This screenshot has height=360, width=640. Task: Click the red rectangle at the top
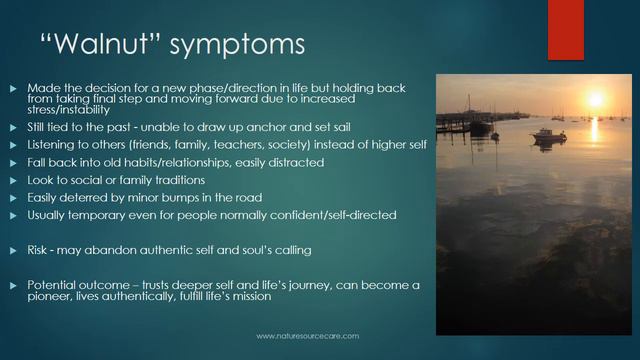565,30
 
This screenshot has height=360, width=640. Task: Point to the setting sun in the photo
595,100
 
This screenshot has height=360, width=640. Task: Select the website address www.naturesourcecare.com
307,336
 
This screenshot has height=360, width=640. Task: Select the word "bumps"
173,197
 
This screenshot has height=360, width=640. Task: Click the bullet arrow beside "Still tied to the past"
13,128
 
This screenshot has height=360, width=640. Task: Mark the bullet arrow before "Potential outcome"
13,285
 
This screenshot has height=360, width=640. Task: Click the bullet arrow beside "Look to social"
13,180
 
